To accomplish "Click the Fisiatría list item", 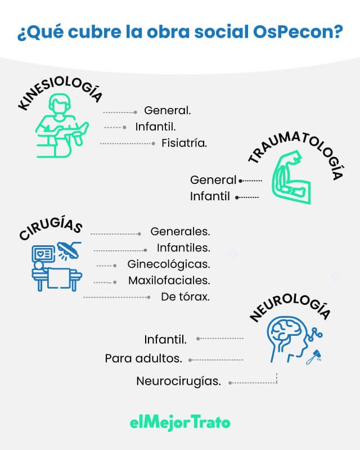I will point(184,143).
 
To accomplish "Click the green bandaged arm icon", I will point(290,180).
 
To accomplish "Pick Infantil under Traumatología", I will point(210,197).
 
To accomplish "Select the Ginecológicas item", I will point(169,264).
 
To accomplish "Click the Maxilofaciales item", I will point(169,280).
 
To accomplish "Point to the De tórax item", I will point(185,296).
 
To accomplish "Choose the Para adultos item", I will point(143,358).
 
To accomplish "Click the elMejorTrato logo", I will point(180,422).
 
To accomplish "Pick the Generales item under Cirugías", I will point(180,231).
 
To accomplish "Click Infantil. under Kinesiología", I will point(156,127).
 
